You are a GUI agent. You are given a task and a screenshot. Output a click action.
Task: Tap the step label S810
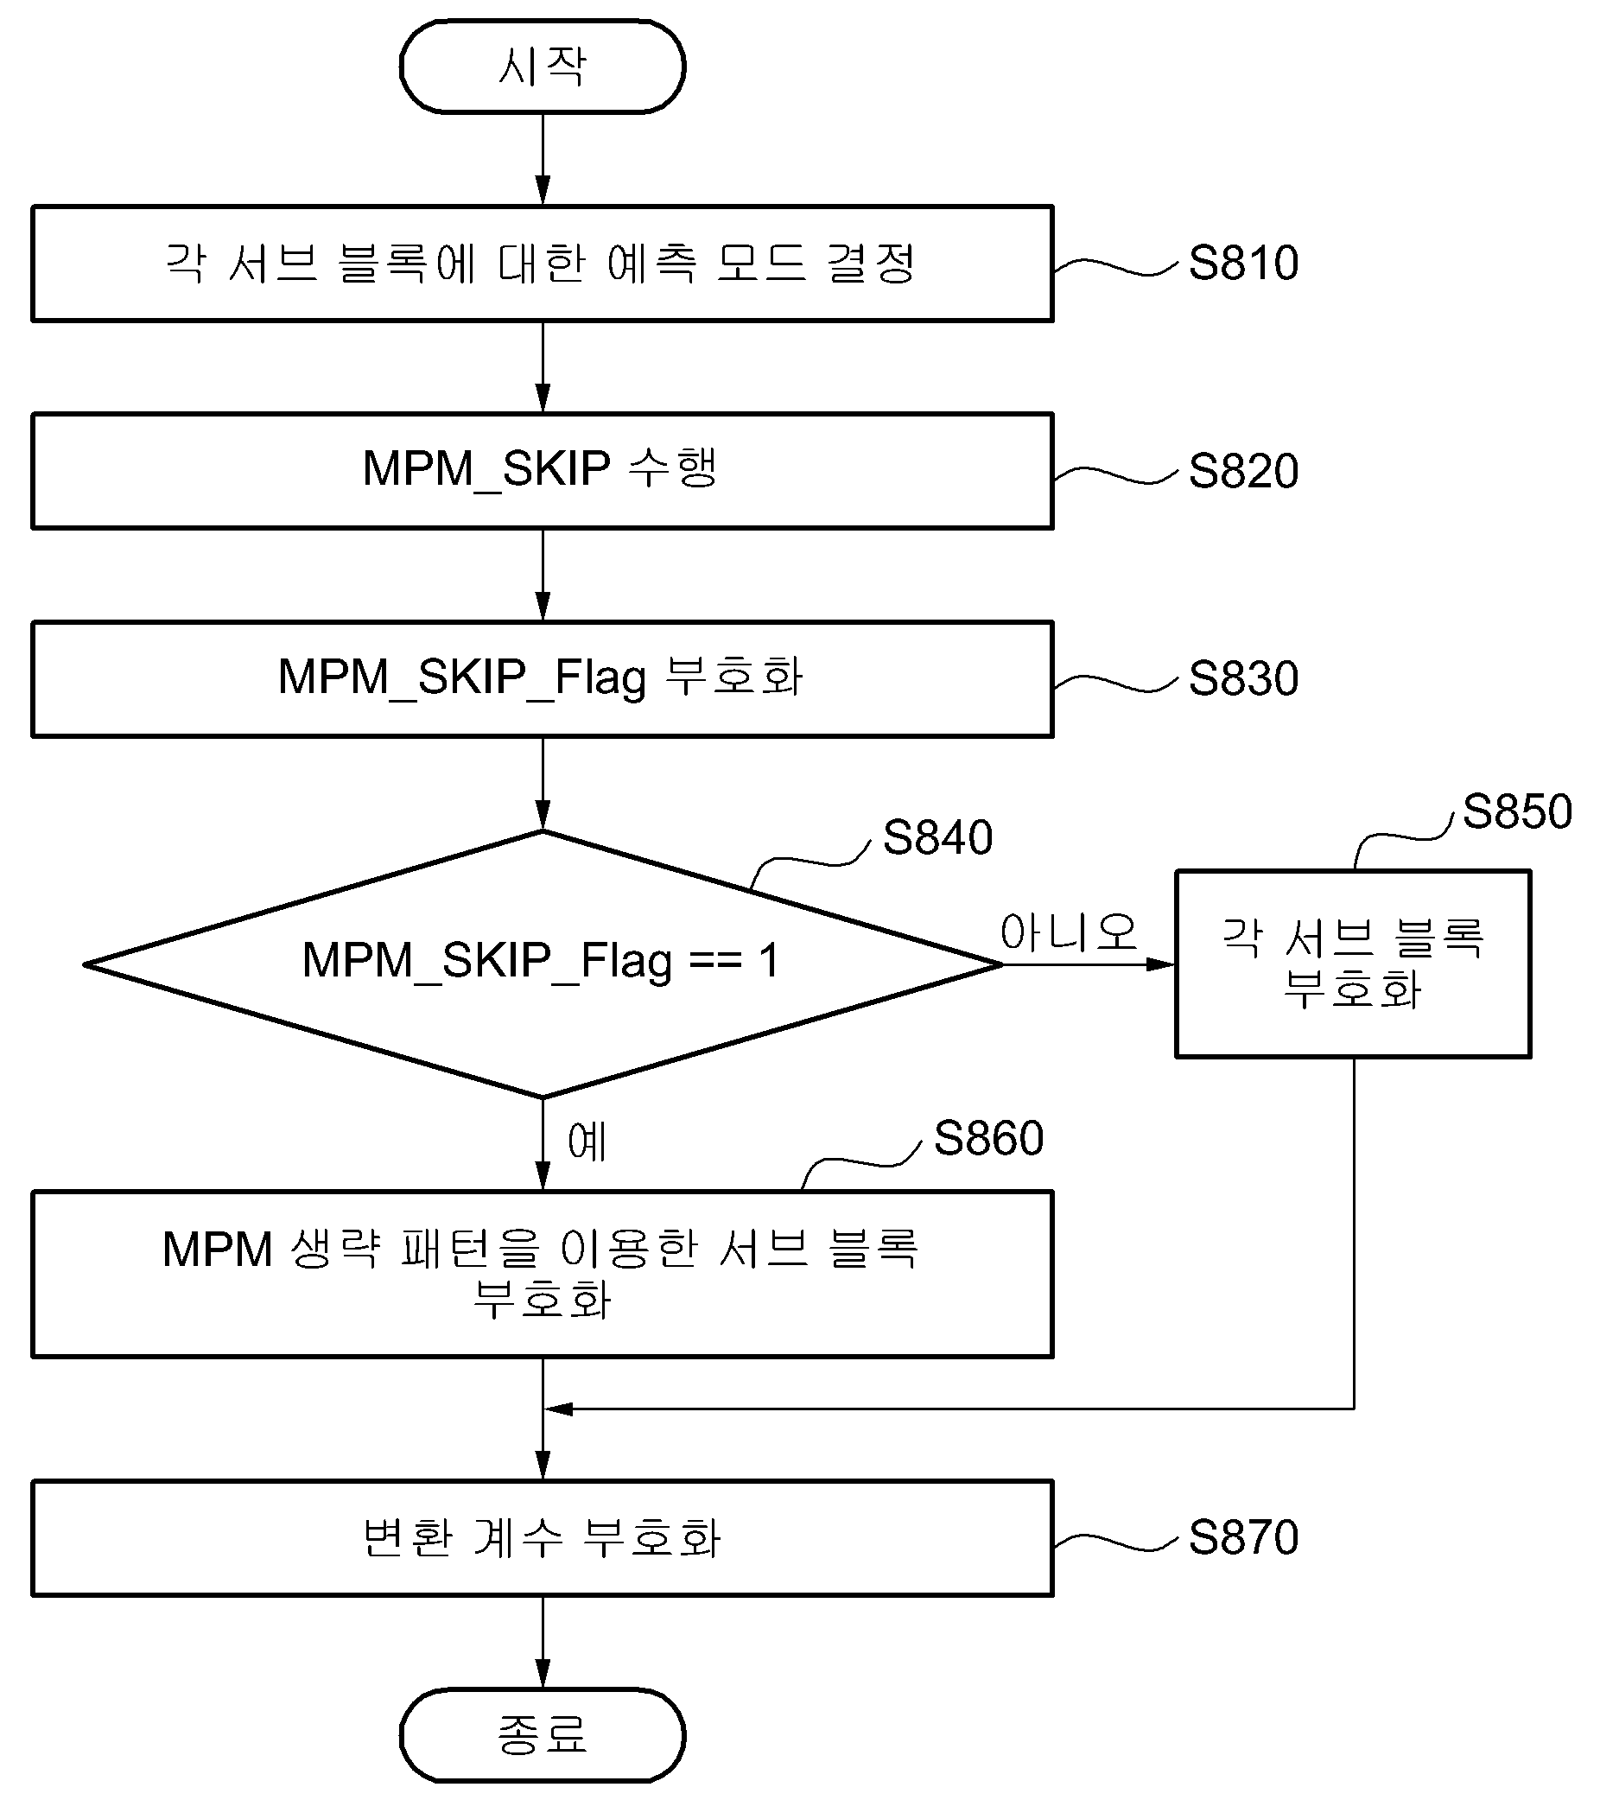1243,263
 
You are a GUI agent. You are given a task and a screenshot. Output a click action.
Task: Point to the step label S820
1243,470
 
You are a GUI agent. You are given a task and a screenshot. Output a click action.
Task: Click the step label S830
1243,678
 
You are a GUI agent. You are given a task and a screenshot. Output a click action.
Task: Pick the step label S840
938,836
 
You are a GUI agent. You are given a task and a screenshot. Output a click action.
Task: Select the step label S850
1517,811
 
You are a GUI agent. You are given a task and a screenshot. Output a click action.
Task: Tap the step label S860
988,1138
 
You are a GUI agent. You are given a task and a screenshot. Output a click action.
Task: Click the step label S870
1243,1537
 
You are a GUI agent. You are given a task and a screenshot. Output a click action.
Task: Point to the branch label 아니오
1068,932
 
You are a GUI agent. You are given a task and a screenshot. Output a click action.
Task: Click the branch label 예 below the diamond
587,1142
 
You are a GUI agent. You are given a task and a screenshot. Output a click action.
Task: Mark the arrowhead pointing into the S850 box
1161,964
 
